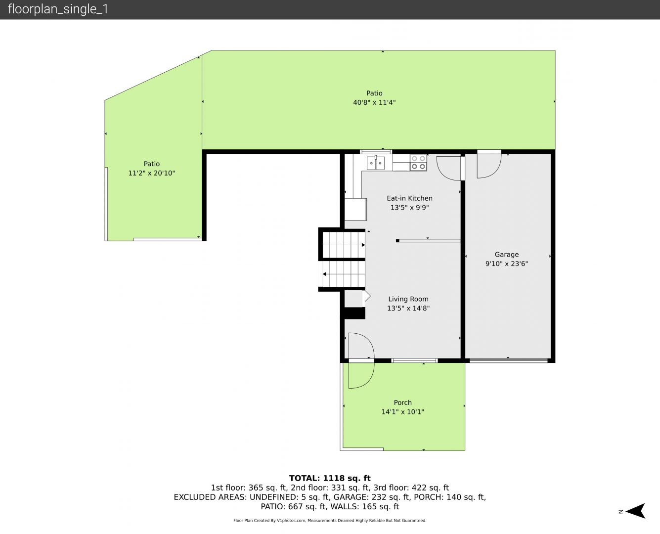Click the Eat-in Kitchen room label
click(409, 198)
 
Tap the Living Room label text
click(408, 299)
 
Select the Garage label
click(506, 255)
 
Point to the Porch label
click(402, 402)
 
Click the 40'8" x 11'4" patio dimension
click(374, 102)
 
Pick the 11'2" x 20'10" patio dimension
click(151, 173)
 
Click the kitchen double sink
click(376, 163)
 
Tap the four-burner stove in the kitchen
click(418, 163)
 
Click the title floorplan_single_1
click(58, 9)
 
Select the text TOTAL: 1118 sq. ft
click(330, 478)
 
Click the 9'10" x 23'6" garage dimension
click(506, 264)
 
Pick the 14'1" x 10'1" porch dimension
click(402, 412)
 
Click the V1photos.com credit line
click(330, 520)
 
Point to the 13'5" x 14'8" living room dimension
click(408, 308)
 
